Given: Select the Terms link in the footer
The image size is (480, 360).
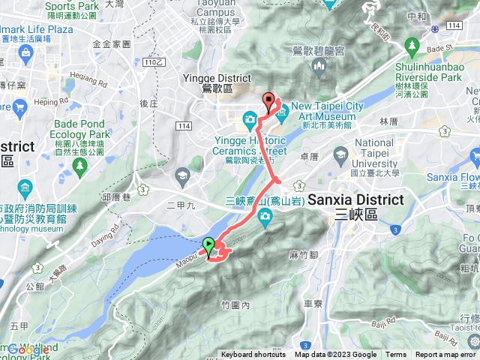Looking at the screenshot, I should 396,355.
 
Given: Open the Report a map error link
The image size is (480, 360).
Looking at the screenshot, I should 445,355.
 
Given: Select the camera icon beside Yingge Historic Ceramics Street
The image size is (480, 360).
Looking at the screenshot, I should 250,120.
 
